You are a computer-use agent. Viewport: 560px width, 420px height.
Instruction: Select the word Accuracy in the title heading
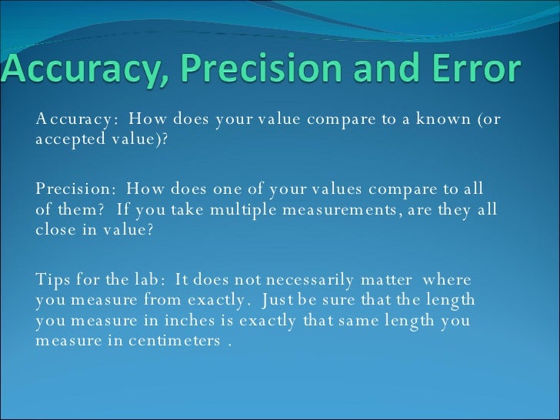click(90, 71)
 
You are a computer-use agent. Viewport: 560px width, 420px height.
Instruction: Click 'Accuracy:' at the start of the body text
click(77, 119)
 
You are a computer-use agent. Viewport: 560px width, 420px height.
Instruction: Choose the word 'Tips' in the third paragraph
click(52, 279)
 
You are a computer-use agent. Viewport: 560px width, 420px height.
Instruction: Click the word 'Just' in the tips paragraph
click(292, 300)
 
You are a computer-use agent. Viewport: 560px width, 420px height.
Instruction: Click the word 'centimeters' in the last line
click(175, 341)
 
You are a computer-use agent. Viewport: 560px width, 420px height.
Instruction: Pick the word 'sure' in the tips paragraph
click(360, 300)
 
